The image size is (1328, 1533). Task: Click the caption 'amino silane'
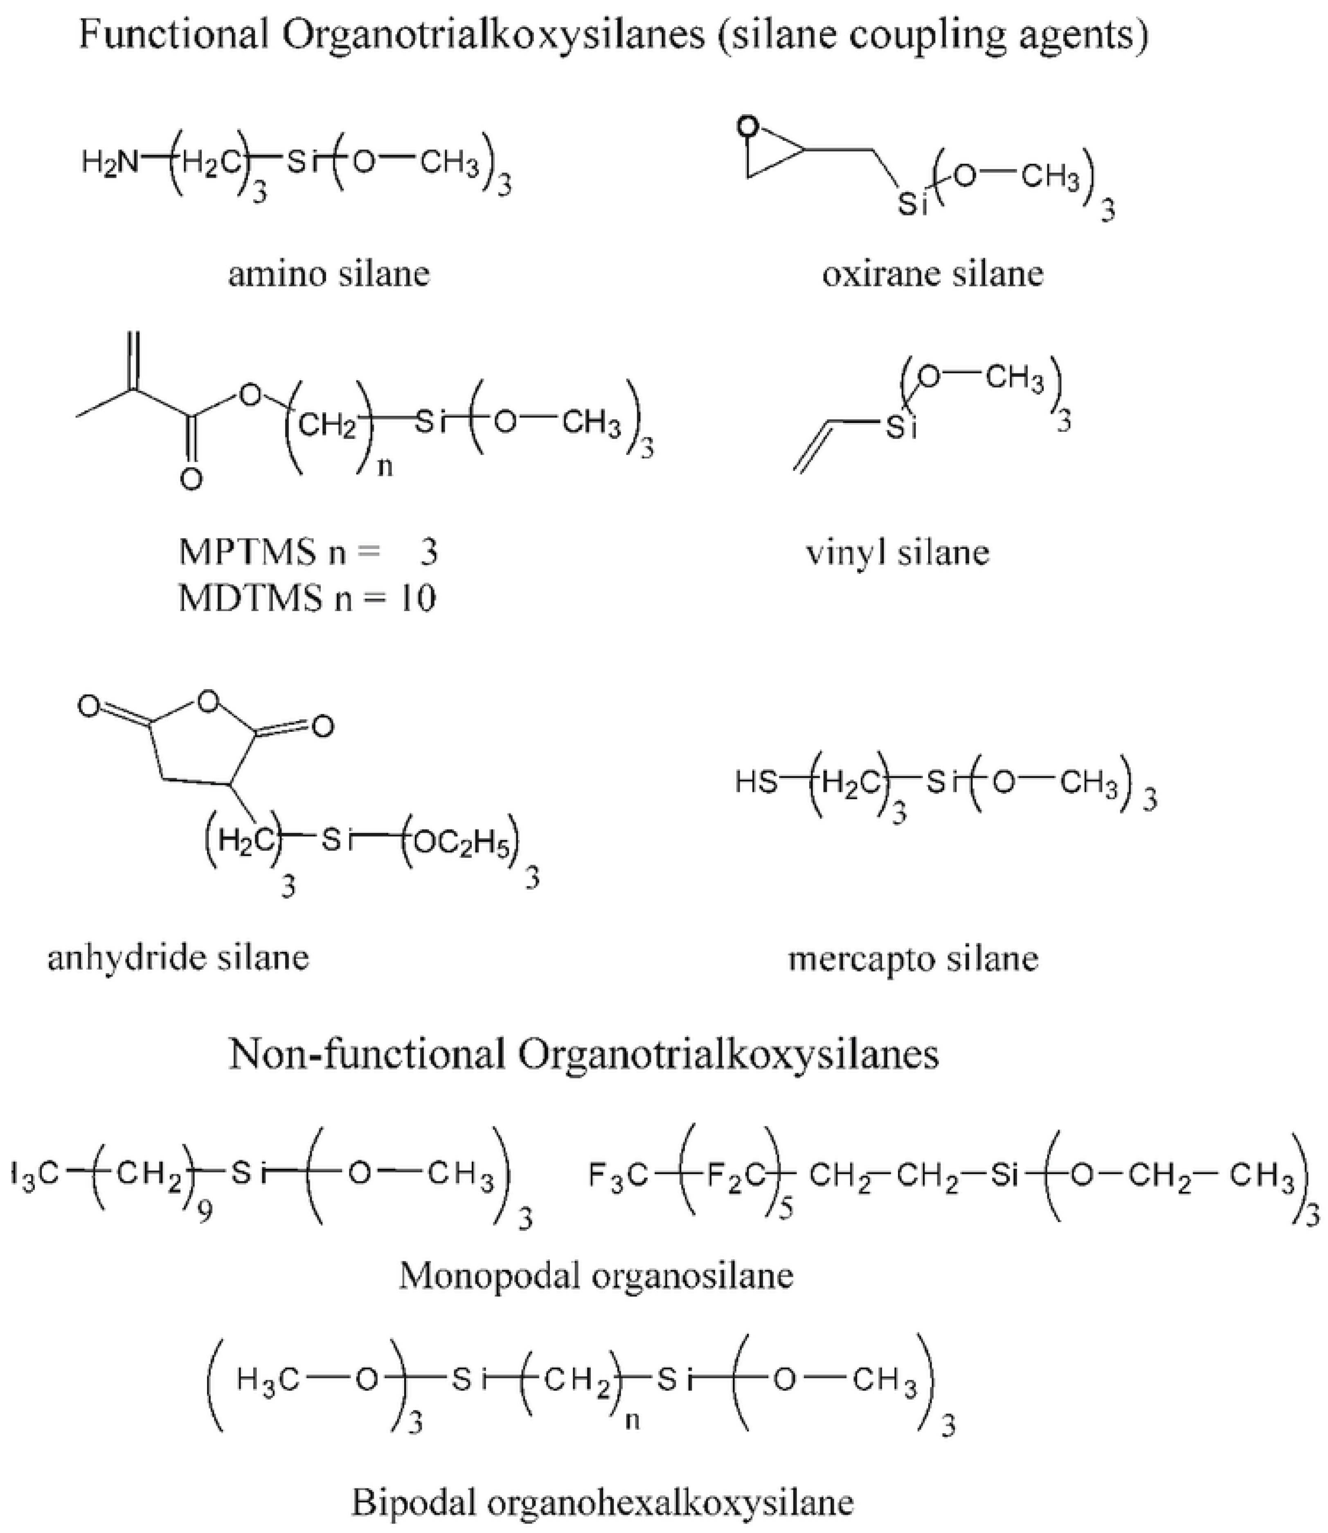pos(328,274)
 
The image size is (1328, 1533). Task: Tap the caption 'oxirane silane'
pos(932,274)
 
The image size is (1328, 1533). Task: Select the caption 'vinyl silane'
pos(898,553)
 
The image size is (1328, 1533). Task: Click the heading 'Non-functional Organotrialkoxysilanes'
pos(584,1054)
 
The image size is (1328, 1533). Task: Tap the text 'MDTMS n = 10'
pos(307,599)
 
